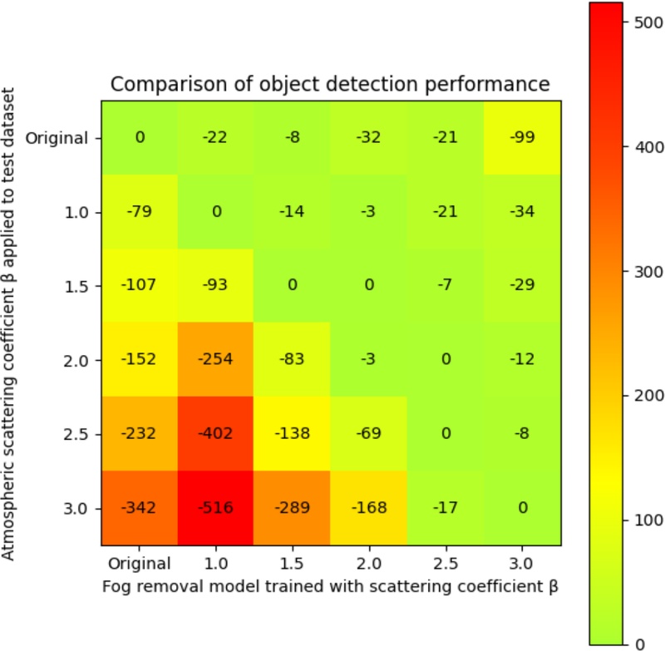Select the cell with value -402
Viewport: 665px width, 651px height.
(x=216, y=434)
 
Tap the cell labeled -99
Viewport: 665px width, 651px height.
(x=523, y=138)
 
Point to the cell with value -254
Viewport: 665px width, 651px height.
(x=216, y=360)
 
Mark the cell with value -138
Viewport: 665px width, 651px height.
(x=293, y=434)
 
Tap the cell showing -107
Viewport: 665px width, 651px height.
(x=140, y=286)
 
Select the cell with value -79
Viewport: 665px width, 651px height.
(x=140, y=212)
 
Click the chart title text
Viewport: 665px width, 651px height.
(x=330, y=84)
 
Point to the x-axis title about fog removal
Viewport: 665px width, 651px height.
(x=330, y=585)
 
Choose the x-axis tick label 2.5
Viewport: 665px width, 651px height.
(x=446, y=561)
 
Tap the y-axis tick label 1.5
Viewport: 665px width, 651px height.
(x=81, y=286)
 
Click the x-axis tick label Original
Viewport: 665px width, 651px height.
(x=140, y=561)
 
